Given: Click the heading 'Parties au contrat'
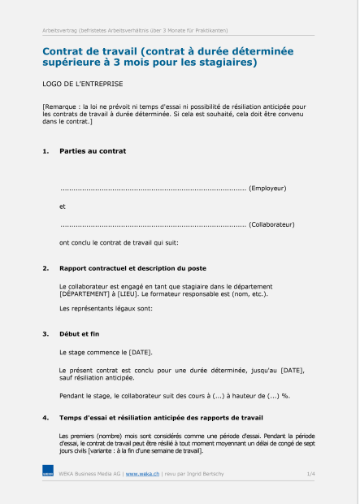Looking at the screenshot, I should coord(93,151).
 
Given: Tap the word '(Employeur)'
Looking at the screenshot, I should coord(267,188).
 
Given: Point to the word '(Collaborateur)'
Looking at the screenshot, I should coord(271,224).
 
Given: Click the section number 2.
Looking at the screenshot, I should coord(46,268).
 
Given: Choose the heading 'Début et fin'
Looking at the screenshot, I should coord(80,333).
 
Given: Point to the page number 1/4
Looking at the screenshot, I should coord(311,472).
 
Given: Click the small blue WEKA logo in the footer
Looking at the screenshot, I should coord(48,472).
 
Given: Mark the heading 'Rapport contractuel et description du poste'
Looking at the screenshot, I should coord(132,268).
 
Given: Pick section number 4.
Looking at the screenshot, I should coord(46,419).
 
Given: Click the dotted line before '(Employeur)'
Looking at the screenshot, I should coord(153,189).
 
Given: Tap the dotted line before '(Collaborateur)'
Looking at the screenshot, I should coord(153,224).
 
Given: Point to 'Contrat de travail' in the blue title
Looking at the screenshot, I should coord(88,51).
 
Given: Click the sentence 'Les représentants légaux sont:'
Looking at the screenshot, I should coord(106,309).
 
